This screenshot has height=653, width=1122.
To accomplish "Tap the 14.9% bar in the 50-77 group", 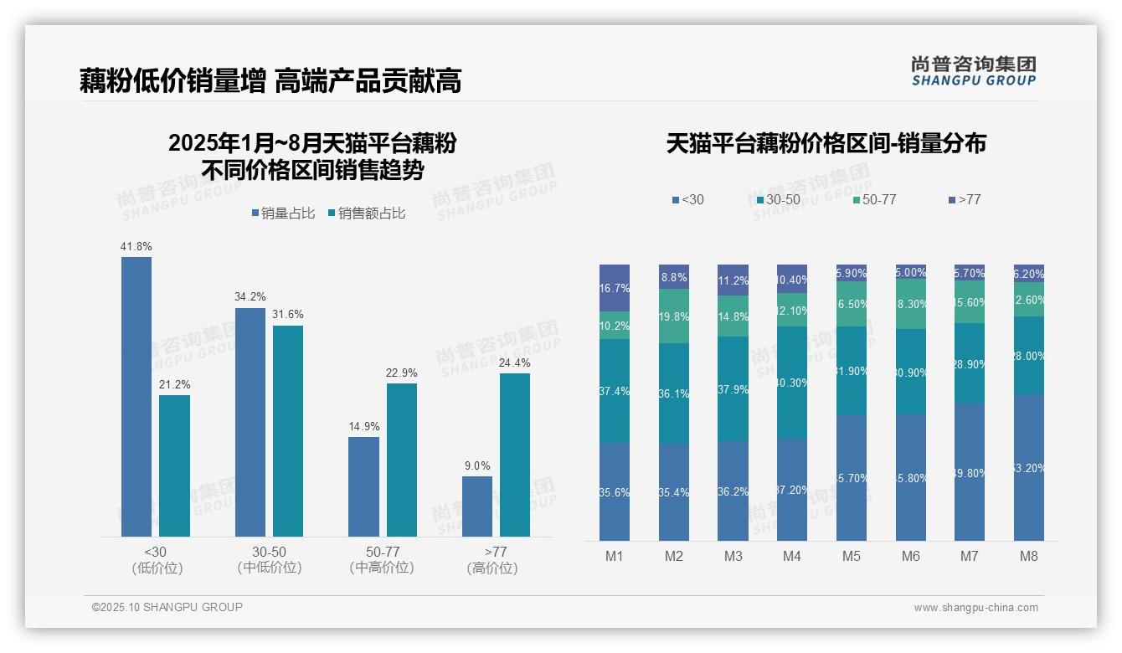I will click(363, 486).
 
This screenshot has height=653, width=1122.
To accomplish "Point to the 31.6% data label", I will click(288, 315).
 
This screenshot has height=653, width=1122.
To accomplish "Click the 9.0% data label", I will click(477, 466).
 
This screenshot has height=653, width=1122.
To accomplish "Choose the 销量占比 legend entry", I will click(283, 213).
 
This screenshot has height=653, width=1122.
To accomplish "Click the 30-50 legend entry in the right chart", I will click(778, 199).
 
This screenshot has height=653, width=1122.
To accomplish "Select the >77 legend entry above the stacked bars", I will click(964, 199).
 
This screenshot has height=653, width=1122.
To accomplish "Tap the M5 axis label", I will click(852, 556).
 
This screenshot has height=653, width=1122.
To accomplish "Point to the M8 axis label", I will click(1029, 556).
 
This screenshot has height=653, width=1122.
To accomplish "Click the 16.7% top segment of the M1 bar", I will click(615, 288).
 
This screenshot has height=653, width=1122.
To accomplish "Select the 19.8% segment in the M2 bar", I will click(674, 316).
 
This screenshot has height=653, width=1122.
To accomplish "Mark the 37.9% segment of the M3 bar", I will click(733, 388).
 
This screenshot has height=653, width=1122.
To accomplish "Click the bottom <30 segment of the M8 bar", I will click(1029, 467).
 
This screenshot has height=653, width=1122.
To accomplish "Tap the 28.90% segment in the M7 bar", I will click(970, 364).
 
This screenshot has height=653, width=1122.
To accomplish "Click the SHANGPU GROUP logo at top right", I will click(973, 70).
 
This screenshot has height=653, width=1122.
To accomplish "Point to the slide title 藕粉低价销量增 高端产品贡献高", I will click(270, 81).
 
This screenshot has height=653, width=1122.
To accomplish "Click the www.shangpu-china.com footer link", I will click(975, 608).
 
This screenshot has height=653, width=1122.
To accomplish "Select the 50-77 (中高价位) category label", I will click(382, 559).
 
